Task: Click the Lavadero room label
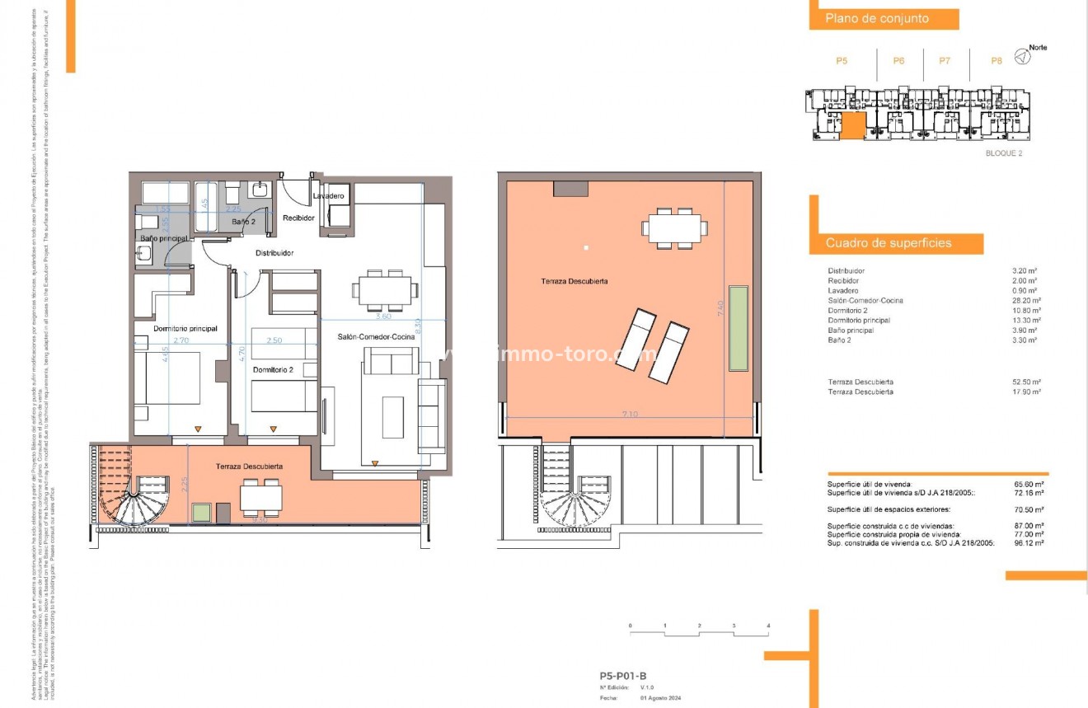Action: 329,196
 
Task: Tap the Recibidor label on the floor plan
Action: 298,218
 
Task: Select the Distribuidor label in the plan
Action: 274,253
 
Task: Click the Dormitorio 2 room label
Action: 273,369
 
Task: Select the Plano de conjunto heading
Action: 877,18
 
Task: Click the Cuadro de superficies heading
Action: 889,243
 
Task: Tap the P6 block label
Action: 898,60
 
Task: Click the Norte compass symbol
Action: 1021,57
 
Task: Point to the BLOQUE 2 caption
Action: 1003,153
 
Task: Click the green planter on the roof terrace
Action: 738,328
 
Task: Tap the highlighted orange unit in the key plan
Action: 853,126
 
